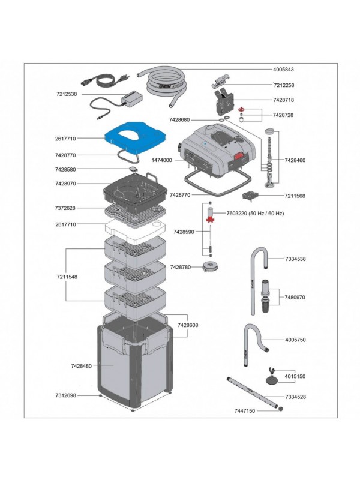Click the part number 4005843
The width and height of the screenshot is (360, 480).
[284, 70]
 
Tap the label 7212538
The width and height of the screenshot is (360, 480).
[67, 94]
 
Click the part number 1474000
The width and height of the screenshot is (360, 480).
[161, 161]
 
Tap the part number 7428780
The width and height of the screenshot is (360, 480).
[181, 267]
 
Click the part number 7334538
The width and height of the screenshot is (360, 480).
[295, 259]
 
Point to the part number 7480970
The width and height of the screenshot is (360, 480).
[295, 298]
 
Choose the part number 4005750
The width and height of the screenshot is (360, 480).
[295, 340]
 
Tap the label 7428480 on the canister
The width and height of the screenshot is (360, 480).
[81, 365]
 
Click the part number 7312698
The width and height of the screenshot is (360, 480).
[66, 395]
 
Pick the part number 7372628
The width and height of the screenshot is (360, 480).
[66, 208]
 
